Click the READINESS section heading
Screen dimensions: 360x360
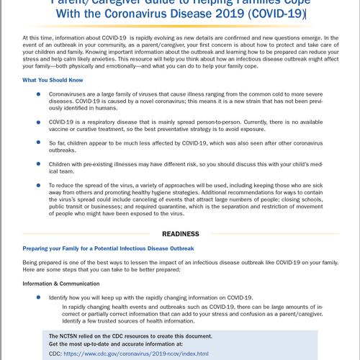pos(179,234)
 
